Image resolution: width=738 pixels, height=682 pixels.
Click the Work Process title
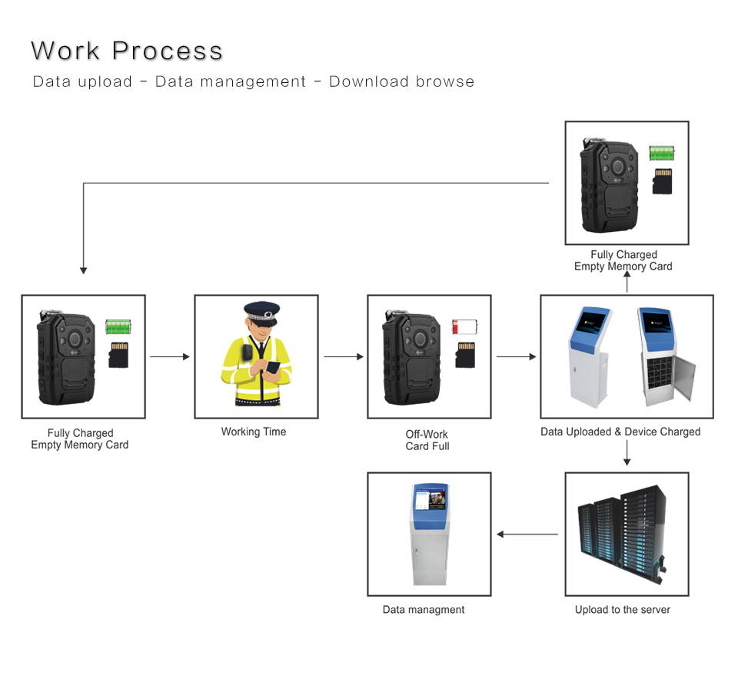[x=127, y=51]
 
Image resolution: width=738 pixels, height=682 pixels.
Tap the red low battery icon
[x=464, y=326]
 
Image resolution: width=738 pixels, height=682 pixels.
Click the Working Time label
[x=254, y=432]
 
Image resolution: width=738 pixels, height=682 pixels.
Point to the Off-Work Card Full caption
[x=427, y=440]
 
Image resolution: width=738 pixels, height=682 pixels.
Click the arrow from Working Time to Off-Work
[x=343, y=356]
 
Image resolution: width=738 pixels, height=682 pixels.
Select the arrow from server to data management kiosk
[x=528, y=534]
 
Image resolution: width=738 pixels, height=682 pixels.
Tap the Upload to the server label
[x=623, y=610]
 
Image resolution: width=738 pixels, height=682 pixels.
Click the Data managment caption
[x=424, y=610]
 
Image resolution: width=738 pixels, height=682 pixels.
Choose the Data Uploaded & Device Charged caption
[x=620, y=432]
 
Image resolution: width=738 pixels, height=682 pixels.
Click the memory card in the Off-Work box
[x=464, y=354]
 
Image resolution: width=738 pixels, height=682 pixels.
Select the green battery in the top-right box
[x=662, y=153]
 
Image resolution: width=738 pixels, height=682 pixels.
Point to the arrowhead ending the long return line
[x=83, y=270]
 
